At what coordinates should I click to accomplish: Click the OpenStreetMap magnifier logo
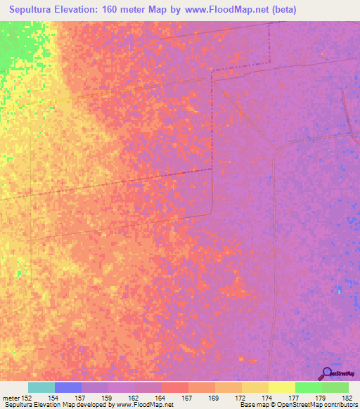click(326, 373)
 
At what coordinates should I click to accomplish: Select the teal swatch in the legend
click(41, 387)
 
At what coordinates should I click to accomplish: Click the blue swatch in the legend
click(68, 387)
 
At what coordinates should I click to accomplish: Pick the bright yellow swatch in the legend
click(282, 387)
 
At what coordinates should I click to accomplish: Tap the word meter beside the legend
click(11, 397)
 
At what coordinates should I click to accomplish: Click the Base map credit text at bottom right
click(299, 405)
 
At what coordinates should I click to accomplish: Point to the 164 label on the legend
click(162, 397)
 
